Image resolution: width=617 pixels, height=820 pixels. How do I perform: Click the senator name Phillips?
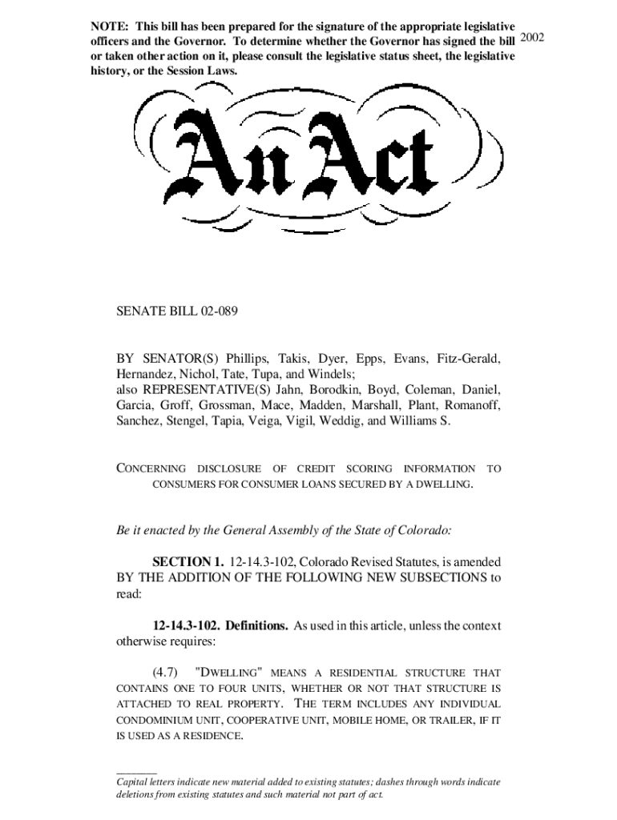tap(248, 358)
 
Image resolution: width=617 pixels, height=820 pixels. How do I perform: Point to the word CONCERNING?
tap(151, 468)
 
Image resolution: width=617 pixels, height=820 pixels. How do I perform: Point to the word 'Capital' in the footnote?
tap(133, 781)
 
